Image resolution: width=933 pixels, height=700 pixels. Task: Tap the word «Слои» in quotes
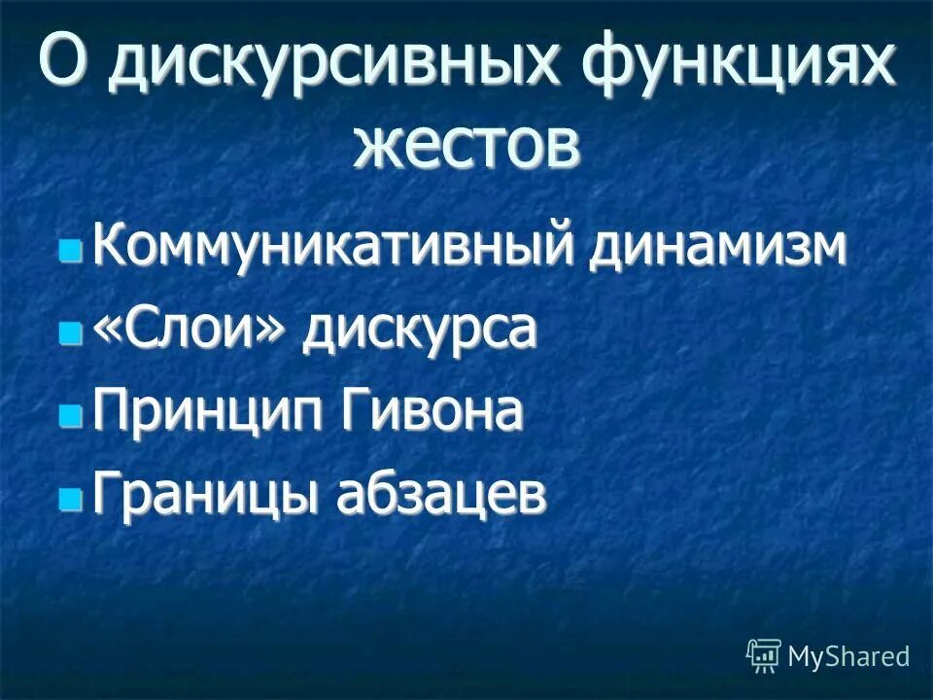(190, 332)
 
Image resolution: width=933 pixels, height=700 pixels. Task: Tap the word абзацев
(440, 497)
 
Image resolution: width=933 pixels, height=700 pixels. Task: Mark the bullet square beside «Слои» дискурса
(70, 335)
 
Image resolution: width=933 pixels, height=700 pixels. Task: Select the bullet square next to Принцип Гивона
(70, 418)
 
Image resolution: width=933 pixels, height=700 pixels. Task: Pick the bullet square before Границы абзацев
(70, 501)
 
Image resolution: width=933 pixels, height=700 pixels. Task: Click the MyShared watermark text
(848, 656)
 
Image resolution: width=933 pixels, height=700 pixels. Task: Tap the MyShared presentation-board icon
(764, 655)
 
